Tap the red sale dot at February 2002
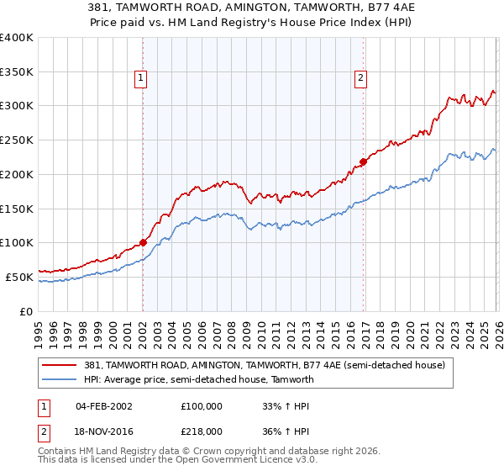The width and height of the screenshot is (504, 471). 143,242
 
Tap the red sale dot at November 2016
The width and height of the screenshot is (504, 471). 363,161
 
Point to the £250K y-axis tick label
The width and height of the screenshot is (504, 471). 17,140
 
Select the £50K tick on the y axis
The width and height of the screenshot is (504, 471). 19,277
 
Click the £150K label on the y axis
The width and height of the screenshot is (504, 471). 17,209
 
